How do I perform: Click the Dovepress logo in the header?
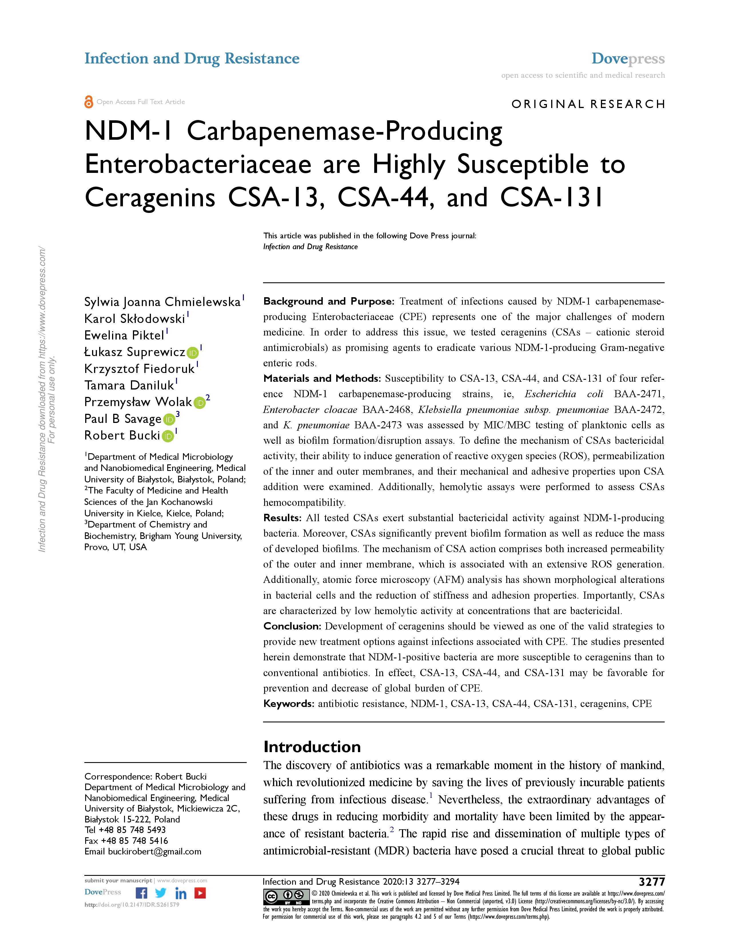pos(628,59)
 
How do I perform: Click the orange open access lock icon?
pos(89,102)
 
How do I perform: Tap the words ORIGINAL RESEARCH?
pos(588,104)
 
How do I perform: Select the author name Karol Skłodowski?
pos(135,319)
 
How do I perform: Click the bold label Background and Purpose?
pos(329,301)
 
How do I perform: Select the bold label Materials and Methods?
pos(322,379)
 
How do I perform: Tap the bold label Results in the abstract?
pos(282,518)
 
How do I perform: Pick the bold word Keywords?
pos(288,703)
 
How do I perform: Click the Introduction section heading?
pos(312,746)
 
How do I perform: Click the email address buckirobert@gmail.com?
pos(155,852)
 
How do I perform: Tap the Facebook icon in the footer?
pos(141,893)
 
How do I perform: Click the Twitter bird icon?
pos(161,893)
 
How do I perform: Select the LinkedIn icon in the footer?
pos(180,893)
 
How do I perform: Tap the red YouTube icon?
pos(200,893)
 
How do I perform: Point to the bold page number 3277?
pos(652,882)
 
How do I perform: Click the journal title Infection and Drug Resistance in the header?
pos(192,59)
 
